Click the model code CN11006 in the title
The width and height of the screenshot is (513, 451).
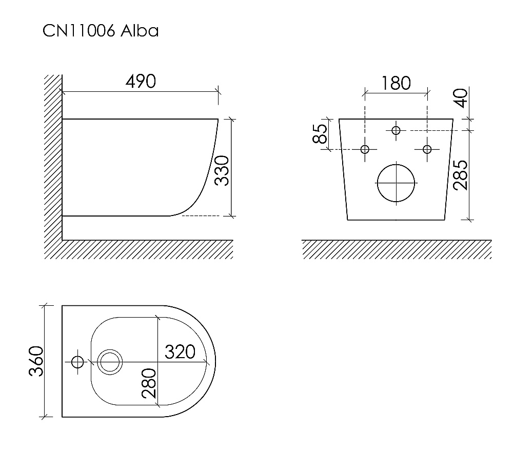click(x=79, y=31)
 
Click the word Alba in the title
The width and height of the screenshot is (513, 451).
click(x=140, y=31)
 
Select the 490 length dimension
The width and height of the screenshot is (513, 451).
click(x=141, y=81)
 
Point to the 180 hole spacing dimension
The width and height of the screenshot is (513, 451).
click(x=396, y=83)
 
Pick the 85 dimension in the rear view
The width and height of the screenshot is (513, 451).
click(x=320, y=134)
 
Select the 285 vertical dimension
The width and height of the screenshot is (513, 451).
click(x=461, y=175)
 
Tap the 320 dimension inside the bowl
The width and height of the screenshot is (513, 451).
click(x=180, y=352)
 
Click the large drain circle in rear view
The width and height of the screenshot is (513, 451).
click(x=396, y=182)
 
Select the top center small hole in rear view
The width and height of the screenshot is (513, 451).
click(x=396, y=130)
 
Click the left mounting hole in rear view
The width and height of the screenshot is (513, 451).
click(x=365, y=149)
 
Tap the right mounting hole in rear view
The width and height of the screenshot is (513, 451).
click(x=427, y=149)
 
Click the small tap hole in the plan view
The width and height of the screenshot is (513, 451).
click(x=77, y=362)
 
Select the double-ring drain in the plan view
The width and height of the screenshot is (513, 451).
click(x=109, y=362)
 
